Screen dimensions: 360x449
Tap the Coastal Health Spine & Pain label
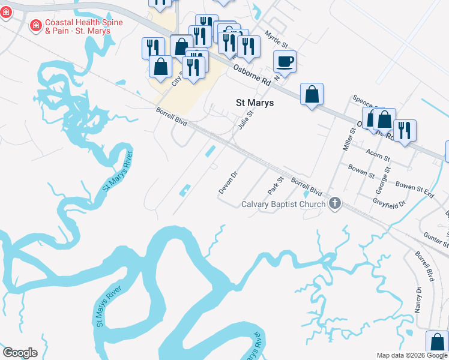click(83, 26)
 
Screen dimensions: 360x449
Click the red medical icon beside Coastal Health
click(35, 25)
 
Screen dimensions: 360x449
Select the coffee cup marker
click(285, 61)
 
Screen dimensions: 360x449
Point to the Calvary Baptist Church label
click(283, 204)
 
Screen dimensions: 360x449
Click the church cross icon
click(335, 204)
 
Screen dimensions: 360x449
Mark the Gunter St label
click(436, 240)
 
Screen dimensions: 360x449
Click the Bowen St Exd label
click(415, 189)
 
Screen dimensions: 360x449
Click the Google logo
click(20, 353)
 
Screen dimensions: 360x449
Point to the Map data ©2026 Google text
click(411, 355)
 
